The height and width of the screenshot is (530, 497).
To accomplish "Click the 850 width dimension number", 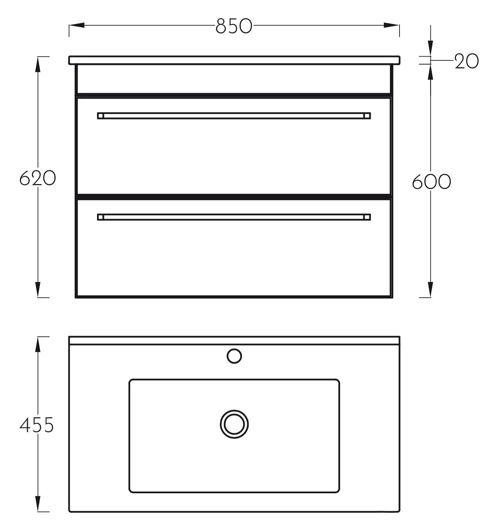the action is point(234,26).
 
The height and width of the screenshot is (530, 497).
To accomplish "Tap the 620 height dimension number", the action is point(37,178).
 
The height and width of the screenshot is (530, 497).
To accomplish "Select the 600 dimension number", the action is point(431,182).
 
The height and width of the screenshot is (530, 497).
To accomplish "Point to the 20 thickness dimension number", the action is point(466,61).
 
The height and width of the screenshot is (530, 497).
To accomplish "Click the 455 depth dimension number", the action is point(37,425).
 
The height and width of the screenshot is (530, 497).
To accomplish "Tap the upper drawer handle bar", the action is point(234,115).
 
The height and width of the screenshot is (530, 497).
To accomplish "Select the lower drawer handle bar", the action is point(234,217).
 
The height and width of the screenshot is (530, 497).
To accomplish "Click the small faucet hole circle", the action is point(234,356).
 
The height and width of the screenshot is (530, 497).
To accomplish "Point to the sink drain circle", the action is point(234,424).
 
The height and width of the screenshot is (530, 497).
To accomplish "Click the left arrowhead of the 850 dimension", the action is point(77,25).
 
